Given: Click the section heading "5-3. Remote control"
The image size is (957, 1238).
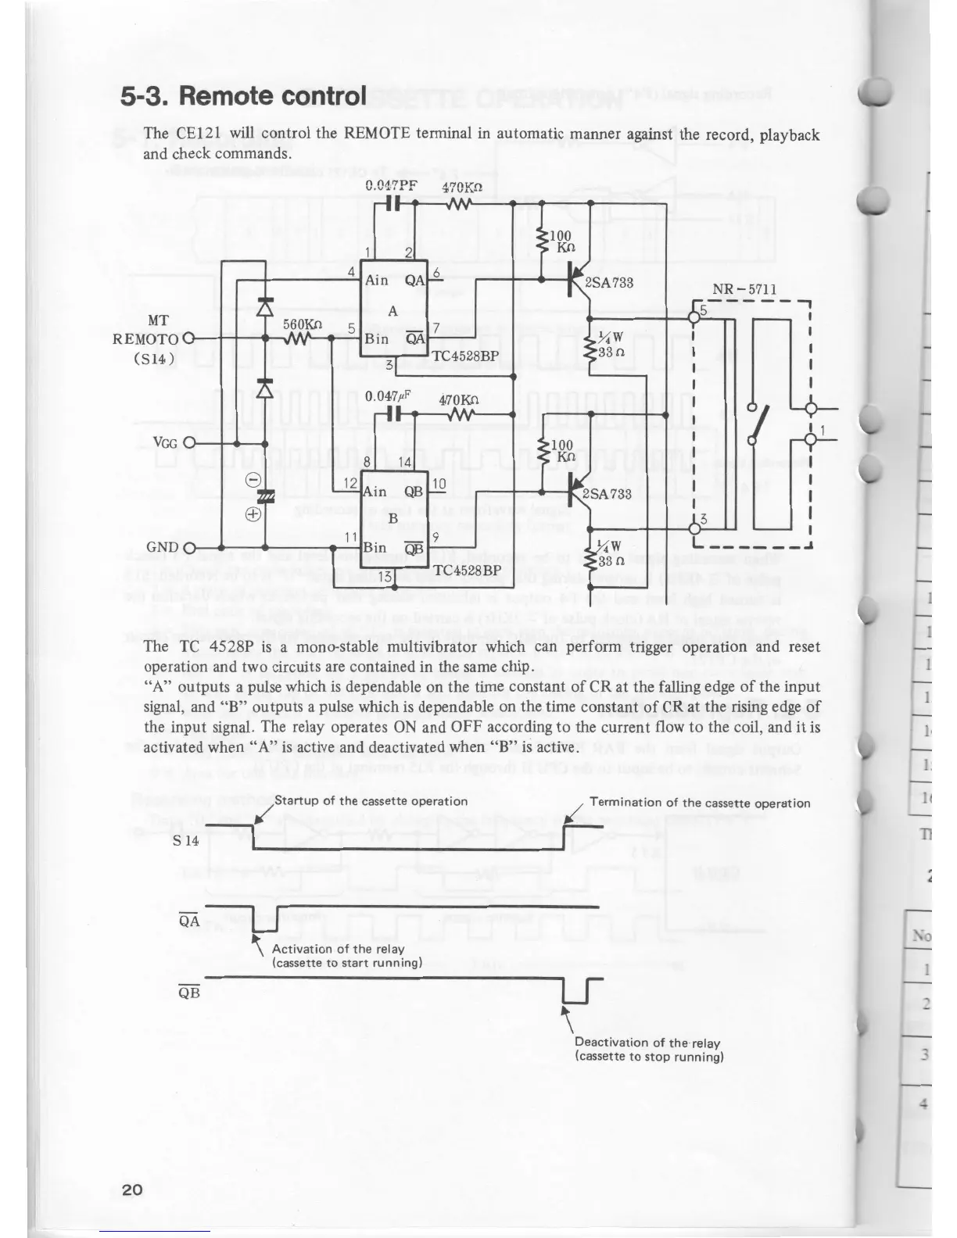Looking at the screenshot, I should tap(243, 96).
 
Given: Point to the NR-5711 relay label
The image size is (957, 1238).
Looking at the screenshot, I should tap(744, 289).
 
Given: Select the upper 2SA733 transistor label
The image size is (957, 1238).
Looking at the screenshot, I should tap(608, 282).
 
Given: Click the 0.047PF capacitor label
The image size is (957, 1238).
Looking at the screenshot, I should tap(391, 187).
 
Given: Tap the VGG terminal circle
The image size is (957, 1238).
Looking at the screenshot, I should tap(188, 443).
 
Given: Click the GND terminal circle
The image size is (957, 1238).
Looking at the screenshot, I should tap(188, 546).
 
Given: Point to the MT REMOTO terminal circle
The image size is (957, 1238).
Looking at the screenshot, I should tap(188, 338).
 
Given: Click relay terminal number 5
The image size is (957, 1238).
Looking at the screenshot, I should tap(703, 311).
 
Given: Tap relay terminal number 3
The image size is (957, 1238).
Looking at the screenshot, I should tap(703, 520).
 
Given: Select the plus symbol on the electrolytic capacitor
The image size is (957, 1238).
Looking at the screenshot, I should tap(253, 514).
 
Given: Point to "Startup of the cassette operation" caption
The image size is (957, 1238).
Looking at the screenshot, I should tap(371, 801).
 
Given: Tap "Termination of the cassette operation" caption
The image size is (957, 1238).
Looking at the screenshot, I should tap(699, 803).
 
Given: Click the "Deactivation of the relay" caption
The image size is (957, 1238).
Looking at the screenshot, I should tap(647, 1043).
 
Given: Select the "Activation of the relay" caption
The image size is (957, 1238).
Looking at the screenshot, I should tap(338, 949).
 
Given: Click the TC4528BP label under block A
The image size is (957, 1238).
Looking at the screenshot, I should tap(465, 355).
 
